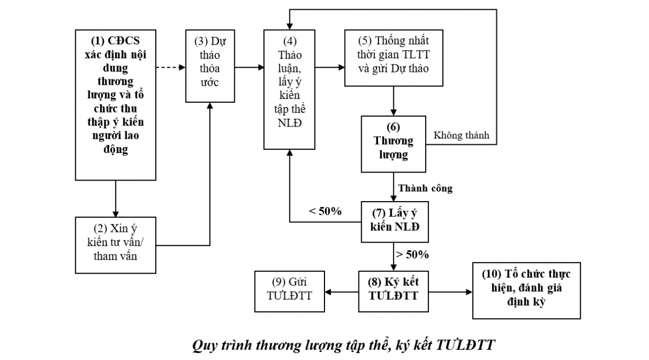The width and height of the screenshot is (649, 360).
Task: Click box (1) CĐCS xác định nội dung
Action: tap(115, 104)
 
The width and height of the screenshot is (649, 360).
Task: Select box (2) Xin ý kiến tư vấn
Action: tap(115, 244)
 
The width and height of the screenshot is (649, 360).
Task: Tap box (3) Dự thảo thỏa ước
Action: tap(211, 66)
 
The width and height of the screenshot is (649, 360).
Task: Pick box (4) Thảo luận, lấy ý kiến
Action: tap(289, 89)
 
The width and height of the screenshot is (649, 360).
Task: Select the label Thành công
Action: tap(425, 189)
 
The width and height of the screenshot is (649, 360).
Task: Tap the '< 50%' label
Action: tap(325, 211)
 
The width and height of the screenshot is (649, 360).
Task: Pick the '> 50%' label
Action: tap(413, 254)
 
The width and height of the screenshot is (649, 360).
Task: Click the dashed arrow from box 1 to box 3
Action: tap(170, 68)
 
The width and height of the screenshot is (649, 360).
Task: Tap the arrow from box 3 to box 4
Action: tap(250, 68)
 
